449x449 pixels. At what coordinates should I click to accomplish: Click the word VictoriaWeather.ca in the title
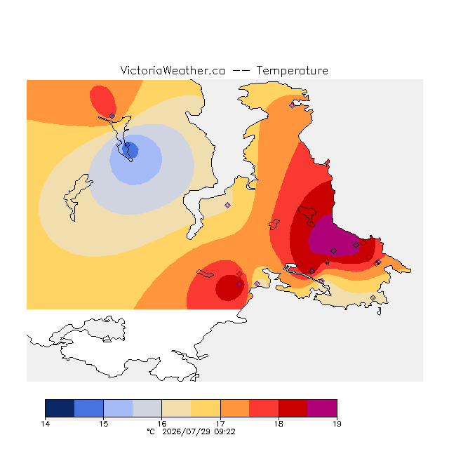(173, 71)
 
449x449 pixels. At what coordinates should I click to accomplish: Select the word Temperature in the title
(292, 71)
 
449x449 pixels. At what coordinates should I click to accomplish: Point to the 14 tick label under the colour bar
(45, 424)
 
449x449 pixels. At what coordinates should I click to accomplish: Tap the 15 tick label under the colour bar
(104, 424)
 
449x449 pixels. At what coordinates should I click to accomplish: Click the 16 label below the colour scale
(162, 424)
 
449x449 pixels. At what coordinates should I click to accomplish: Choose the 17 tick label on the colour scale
(220, 424)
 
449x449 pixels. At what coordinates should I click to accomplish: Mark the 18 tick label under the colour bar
(279, 424)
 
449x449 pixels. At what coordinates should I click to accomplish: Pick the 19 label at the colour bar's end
(337, 424)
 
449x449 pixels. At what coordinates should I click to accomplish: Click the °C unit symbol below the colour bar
(151, 432)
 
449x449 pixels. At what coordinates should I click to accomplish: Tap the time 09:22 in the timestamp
(224, 432)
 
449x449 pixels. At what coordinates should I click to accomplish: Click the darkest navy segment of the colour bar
(60, 408)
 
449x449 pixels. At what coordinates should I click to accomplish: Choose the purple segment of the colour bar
(322, 408)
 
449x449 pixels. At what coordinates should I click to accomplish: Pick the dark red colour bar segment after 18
(293, 408)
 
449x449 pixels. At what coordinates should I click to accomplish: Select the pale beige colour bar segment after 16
(176, 408)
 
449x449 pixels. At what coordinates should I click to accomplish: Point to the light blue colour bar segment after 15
(119, 408)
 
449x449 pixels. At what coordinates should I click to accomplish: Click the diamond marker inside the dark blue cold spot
(128, 145)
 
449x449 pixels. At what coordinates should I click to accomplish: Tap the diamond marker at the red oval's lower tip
(112, 116)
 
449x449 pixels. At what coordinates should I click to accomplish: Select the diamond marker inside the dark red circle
(239, 283)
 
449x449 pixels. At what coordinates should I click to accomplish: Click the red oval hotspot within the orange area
(103, 101)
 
